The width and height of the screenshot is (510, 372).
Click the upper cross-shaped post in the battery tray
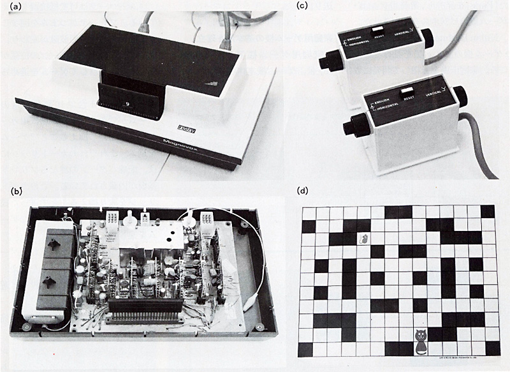click(48, 243)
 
